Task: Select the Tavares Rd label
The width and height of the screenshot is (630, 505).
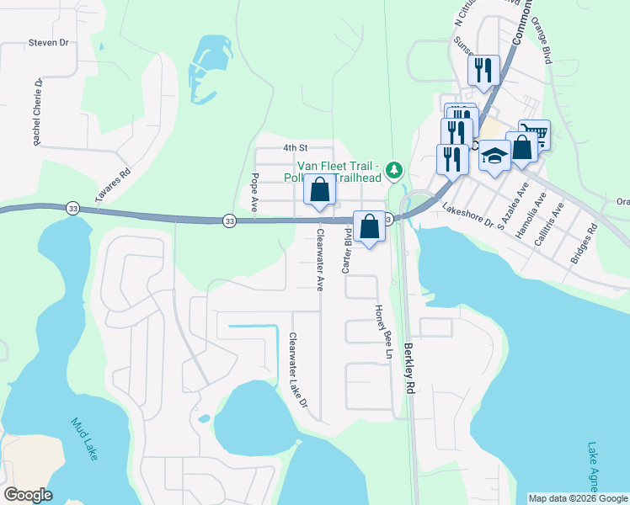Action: click(x=113, y=183)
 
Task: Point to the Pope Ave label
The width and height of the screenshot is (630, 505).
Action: click(x=254, y=193)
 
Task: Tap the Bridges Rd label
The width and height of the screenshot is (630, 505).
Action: click(x=583, y=244)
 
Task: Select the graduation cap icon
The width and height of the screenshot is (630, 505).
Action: click(x=495, y=155)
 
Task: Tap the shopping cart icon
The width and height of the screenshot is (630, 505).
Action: click(x=534, y=133)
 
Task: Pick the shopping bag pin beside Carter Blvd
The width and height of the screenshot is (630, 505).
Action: click(x=369, y=225)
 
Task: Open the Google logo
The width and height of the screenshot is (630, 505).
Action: click(x=28, y=495)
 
